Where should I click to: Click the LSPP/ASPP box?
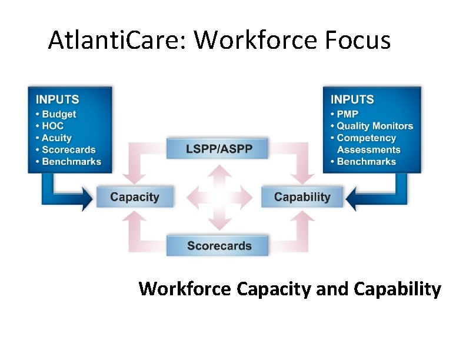218,148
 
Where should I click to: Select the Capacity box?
135,197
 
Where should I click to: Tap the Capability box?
302,197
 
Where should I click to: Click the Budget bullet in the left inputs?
59,114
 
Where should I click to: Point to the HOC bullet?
52,126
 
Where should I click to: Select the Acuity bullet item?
56,138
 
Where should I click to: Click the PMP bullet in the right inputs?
347,114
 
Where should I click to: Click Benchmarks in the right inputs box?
366,162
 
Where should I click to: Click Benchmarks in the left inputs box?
71,162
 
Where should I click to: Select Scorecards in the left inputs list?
68,150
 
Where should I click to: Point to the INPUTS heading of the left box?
57,99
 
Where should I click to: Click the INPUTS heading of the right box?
352,99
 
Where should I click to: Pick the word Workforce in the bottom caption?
185,289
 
